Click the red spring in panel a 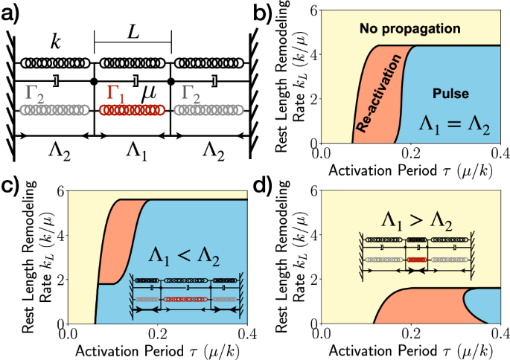(133, 110)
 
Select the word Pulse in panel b (450, 94)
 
